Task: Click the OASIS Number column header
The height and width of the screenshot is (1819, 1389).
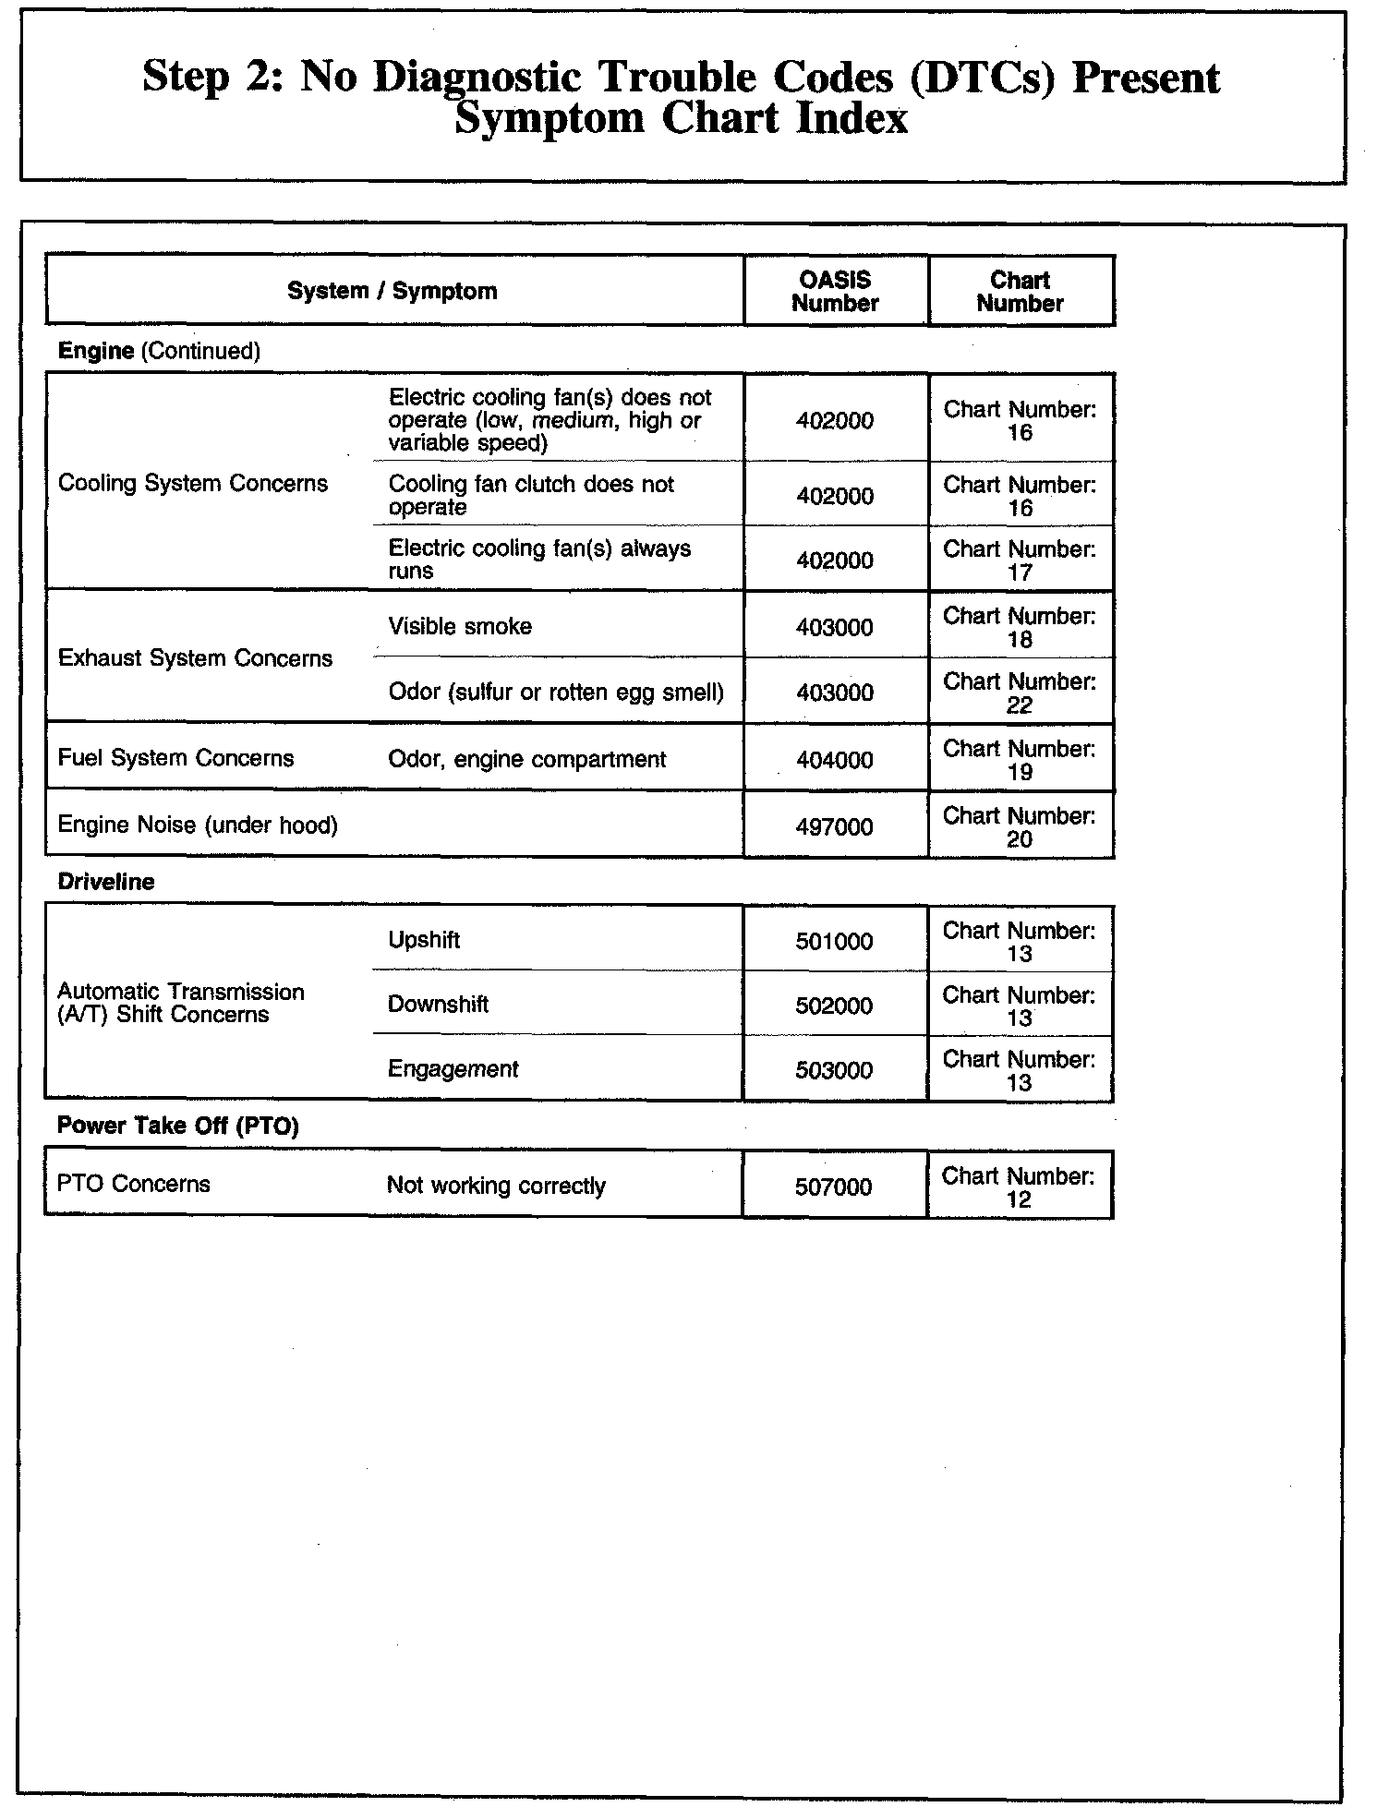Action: [835, 291]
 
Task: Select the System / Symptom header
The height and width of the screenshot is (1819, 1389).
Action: [392, 291]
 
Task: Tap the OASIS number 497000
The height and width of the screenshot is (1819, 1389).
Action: [834, 826]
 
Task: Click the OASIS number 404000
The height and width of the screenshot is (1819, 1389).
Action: [834, 760]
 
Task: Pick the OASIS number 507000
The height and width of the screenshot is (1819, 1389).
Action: [833, 1187]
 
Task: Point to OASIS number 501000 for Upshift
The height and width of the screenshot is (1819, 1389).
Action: [834, 941]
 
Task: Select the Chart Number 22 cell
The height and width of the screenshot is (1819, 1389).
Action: [1020, 693]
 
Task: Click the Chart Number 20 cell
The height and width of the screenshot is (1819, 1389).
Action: [1020, 826]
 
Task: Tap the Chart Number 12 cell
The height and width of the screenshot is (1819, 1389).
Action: [1019, 1187]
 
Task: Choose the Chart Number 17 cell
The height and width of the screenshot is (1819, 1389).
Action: [1020, 560]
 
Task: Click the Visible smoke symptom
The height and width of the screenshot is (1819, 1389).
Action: [460, 626]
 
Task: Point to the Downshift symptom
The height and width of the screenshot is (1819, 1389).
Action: [438, 1004]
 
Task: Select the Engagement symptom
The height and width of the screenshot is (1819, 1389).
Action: [453, 1068]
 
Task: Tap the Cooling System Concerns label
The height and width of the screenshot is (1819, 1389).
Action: [193, 483]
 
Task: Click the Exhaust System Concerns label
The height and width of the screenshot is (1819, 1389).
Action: [195, 657]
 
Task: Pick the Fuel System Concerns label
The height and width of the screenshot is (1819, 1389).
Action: [175, 758]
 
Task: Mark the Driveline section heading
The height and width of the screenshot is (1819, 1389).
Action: [105, 881]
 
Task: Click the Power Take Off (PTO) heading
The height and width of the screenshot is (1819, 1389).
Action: [178, 1126]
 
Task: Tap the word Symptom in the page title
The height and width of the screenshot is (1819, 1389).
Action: [550, 119]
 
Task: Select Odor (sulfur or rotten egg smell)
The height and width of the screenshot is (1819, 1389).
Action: [556, 692]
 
